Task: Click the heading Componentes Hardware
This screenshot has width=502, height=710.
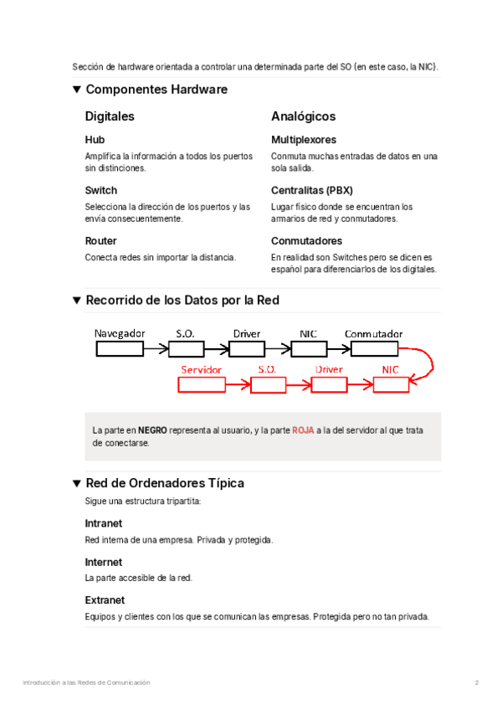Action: click(156, 90)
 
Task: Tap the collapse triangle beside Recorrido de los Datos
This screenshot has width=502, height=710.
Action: click(77, 300)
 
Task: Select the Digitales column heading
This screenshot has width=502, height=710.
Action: click(110, 116)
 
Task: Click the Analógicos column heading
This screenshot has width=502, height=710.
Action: click(303, 116)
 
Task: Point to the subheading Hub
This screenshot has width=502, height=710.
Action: click(95, 140)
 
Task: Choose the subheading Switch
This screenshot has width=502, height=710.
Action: click(101, 190)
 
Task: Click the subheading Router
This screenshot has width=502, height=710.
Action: click(101, 240)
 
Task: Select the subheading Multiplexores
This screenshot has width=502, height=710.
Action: click(304, 140)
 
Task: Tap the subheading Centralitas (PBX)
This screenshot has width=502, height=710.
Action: click(312, 190)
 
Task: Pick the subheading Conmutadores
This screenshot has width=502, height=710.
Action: click(306, 240)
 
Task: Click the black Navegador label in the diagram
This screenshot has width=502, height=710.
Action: click(120, 333)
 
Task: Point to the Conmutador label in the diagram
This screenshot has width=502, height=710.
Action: click(374, 333)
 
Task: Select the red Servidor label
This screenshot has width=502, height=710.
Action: click(202, 369)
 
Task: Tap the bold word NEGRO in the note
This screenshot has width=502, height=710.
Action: click(152, 430)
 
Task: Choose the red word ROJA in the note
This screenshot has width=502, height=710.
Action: click(303, 430)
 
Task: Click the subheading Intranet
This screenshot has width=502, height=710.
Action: click(104, 523)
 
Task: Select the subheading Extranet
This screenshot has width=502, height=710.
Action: click(105, 600)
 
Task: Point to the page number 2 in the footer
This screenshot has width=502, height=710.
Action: click(477, 683)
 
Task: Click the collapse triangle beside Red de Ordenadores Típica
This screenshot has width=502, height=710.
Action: click(77, 483)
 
